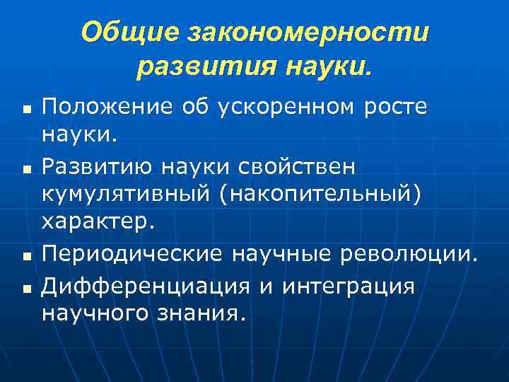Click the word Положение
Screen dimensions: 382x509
coord(106,107)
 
